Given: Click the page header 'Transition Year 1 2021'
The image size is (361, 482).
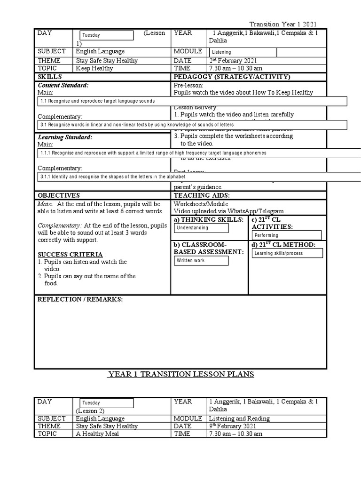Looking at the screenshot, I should pyautogui.click(x=283, y=24).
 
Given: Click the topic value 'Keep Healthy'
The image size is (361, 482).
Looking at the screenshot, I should pyautogui.click(x=94, y=68).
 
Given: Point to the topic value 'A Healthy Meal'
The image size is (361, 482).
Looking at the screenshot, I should pyautogui.click(x=97, y=434).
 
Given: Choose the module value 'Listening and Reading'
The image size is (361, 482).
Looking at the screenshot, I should pyautogui.click(x=239, y=418).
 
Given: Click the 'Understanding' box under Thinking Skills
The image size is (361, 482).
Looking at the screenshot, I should pyautogui.click(x=201, y=228).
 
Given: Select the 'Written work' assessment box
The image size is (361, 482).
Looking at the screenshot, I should pyautogui.click(x=201, y=260).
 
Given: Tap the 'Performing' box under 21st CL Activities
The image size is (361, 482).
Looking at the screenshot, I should pyautogui.click(x=286, y=235).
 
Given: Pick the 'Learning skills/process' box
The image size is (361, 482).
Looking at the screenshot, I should pyautogui.click(x=287, y=253).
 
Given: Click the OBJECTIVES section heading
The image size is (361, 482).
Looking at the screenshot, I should pyautogui.click(x=59, y=195).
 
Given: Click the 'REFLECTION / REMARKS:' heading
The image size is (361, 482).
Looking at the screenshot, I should pyautogui.click(x=80, y=300).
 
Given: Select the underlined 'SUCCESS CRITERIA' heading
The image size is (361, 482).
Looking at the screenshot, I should pyautogui.click(x=70, y=255).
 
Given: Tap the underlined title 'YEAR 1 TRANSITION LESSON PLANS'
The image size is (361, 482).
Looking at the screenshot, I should pyautogui.click(x=181, y=374).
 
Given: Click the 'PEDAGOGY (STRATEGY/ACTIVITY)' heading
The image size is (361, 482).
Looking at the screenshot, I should pyautogui.click(x=232, y=77).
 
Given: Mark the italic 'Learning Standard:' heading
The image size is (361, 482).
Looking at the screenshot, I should pyautogui.click(x=65, y=137).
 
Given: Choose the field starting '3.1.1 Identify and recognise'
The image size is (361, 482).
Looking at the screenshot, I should pyautogui.click(x=197, y=177).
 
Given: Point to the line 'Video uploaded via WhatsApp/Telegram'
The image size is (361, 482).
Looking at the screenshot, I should pyautogui.click(x=228, y=211).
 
